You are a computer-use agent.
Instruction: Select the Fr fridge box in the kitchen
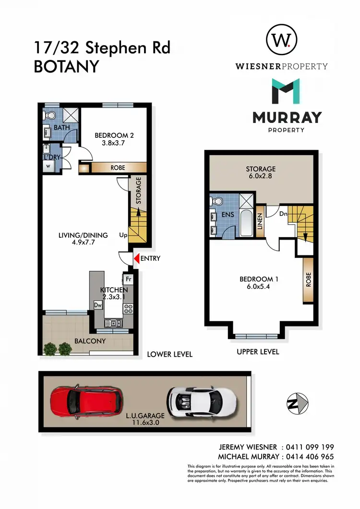click(x=128, y=279)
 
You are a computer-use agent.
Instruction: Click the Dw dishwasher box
click(x=97, y=305)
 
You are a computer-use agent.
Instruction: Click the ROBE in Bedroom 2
click(x=118, y=168)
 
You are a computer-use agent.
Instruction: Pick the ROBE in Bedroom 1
click(x=308, y=280)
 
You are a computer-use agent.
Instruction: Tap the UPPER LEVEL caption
click(x=258, y=351)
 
